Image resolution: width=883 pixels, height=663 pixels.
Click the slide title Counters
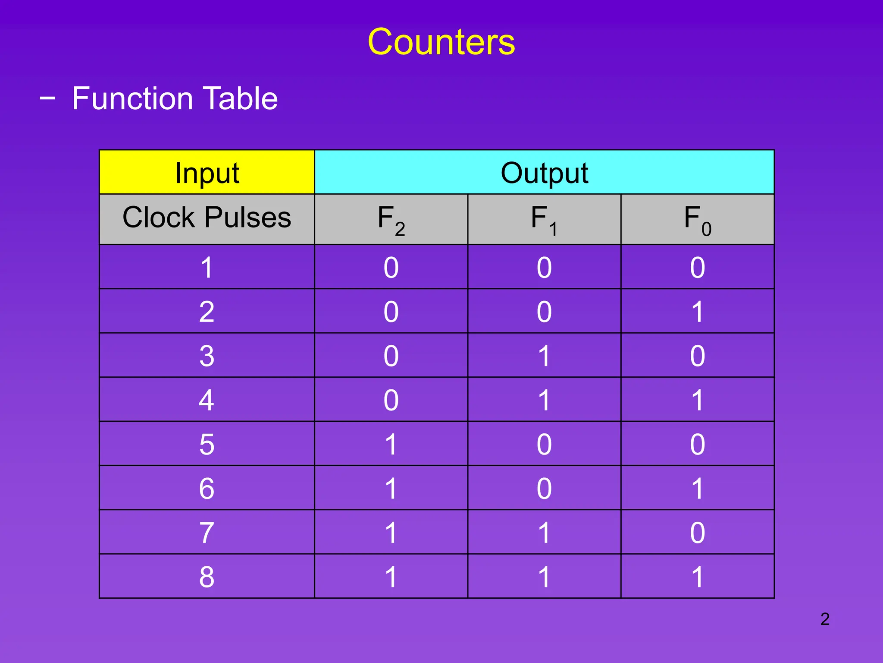pos(441,42)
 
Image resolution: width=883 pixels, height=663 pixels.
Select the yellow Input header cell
pos(207,173)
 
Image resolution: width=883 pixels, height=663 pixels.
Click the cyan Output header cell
pos(544,173)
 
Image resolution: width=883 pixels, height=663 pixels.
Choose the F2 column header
pos(391,219)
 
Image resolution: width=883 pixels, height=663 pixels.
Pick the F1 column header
pos(544,219)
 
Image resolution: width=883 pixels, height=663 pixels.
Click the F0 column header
pos(697,219)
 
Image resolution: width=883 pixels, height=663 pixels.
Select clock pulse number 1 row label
pos(207,267)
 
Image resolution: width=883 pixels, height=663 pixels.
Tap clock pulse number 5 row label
pos(207,444)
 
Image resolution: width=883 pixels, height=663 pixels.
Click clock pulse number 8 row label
pos(207,577)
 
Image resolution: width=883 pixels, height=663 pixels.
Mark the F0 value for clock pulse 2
pos(697,312)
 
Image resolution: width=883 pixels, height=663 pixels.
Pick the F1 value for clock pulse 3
pos(544,356)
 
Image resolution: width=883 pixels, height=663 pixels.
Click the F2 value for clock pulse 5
pos(391,444)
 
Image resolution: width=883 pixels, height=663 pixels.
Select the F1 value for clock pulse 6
pos(544,488)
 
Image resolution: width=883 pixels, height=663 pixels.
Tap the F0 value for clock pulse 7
pos(697,533)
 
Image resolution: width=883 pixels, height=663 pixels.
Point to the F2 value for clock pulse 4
pos(391,400)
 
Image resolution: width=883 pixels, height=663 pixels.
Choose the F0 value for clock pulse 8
pos(697,577)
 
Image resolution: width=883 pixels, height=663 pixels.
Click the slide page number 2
pos(825,619)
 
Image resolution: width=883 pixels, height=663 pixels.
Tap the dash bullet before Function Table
pos(47,98)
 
